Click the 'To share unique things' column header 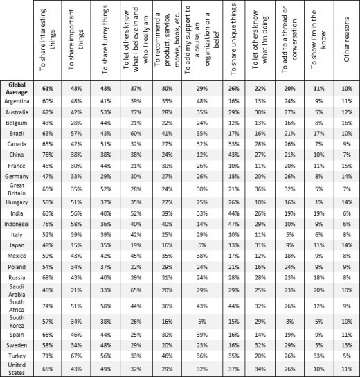pyautogui.click(x=237, y=38)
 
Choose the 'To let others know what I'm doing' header pyautogui.click(x=264, y=38)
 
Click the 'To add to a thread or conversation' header pyautogui.click(x=291, y=38)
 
